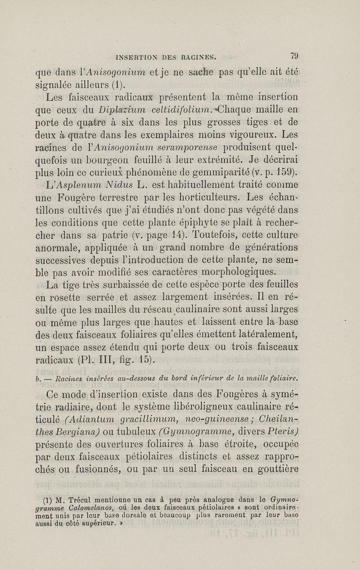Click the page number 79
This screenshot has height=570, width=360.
pos(295,57)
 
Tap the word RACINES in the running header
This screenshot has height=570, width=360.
pos(203,58)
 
